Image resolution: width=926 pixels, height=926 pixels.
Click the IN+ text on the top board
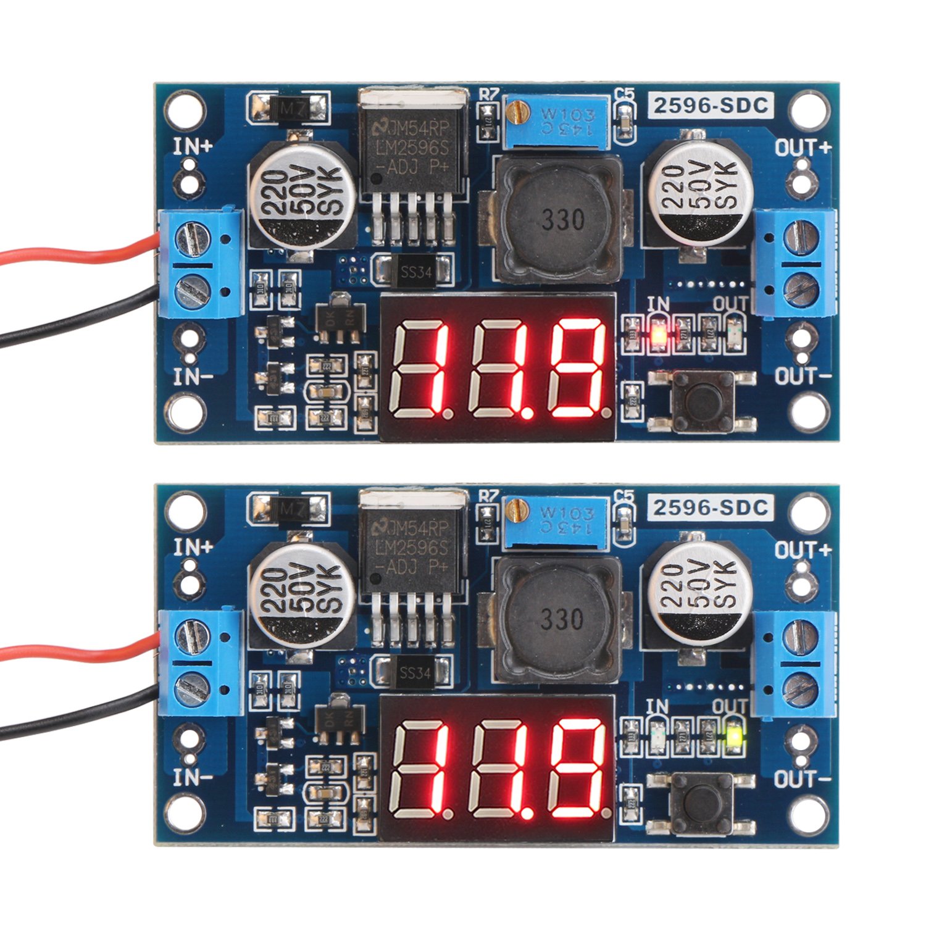click(x=193, y=146)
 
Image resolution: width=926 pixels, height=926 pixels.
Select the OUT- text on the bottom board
click(x=803, y=779)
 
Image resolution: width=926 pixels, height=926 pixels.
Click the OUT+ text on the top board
click(x=803, y=148)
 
